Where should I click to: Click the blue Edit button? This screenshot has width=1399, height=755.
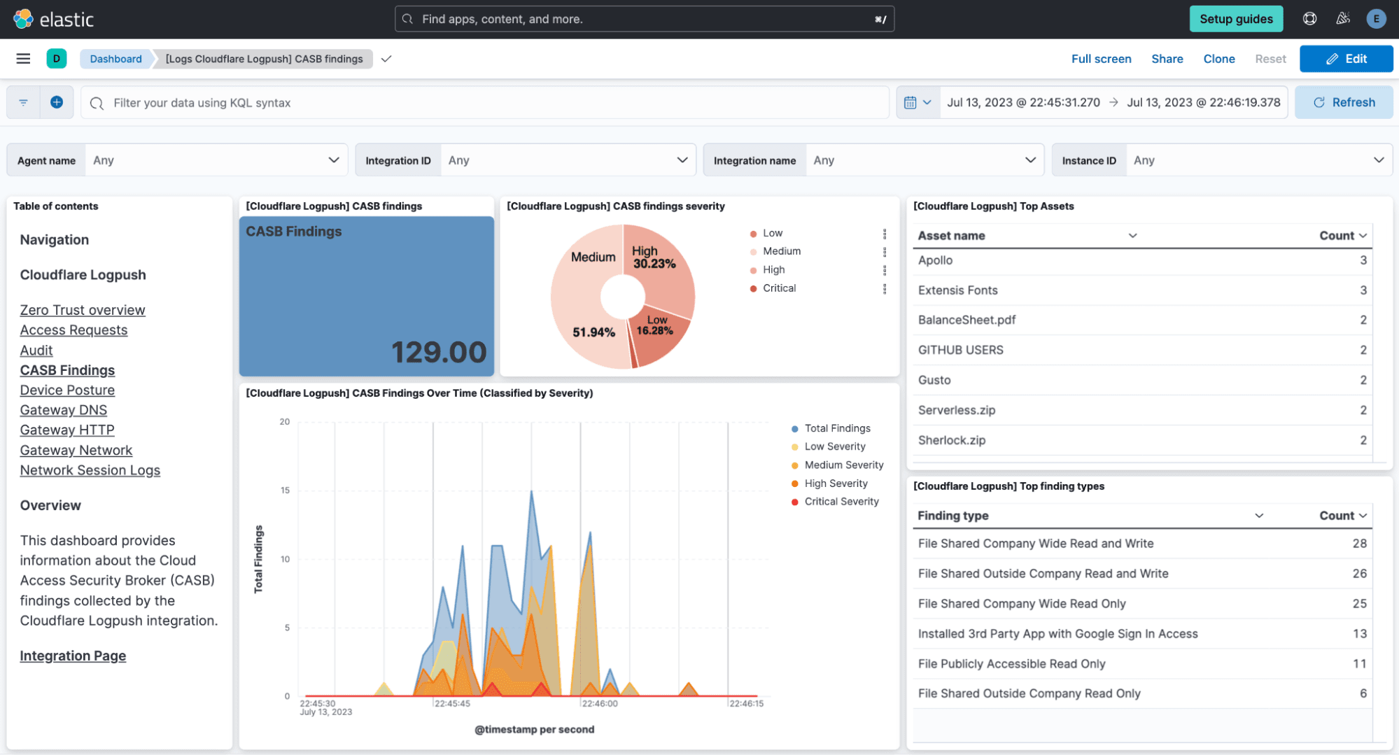pyautogui.click(x=1345, y=59)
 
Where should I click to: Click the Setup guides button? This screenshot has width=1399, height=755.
pyautogui.click(x=1235, y=19)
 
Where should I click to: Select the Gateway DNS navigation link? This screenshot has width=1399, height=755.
pyautogui.click(x=64, y=410)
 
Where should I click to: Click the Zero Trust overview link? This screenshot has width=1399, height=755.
pyautogui.click(x=83, y=310)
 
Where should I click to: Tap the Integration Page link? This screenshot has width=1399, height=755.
pyautogui.click(x=73, y=656)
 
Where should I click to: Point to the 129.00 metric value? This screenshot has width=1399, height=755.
pyautogui.click(x=438, y=352)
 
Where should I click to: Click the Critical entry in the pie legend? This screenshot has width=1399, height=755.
pyautogui.click(x=779, y=288)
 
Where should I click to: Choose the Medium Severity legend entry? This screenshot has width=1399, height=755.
pyautogui.click(x=843, y=465)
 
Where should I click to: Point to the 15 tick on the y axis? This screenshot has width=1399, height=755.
pyautogui.click(x=285, y=490)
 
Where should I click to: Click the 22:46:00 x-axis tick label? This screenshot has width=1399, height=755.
pyautogui.click(x=600, y=703)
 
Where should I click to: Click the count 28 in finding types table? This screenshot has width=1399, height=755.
pyautogui.click(x=1358, y=543)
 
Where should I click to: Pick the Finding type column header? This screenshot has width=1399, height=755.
pyautogui.click(x=952, y=516)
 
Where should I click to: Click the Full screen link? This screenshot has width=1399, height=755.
pyautogui.click(x=1101, y=59)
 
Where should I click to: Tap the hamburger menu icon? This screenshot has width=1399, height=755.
pyautogui.click(x=23, y=59)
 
